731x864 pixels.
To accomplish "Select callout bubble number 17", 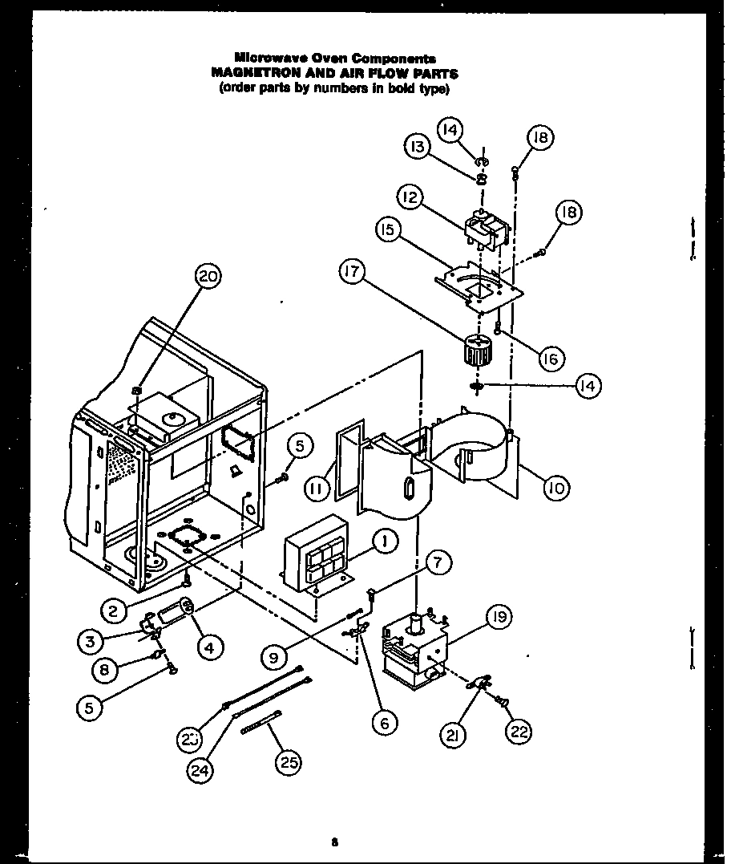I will pyautogui.click(x=350, y=273).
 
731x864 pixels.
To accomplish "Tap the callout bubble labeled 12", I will pyautogui.click(x=410, y=197).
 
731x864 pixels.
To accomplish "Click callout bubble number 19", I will pyautogui.click(x=500, y=617).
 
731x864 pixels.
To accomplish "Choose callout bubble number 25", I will pyautogui.click(x=288, y=763).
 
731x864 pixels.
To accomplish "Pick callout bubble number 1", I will pyautogui.click(x=384, y=542).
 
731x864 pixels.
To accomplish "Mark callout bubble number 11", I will pyautogui.click(x=317, y=486).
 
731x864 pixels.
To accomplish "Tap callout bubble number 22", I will pyautogui.click(x=518, y=729).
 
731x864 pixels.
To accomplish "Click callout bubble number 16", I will pyautogui.click(x=550, y=359).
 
